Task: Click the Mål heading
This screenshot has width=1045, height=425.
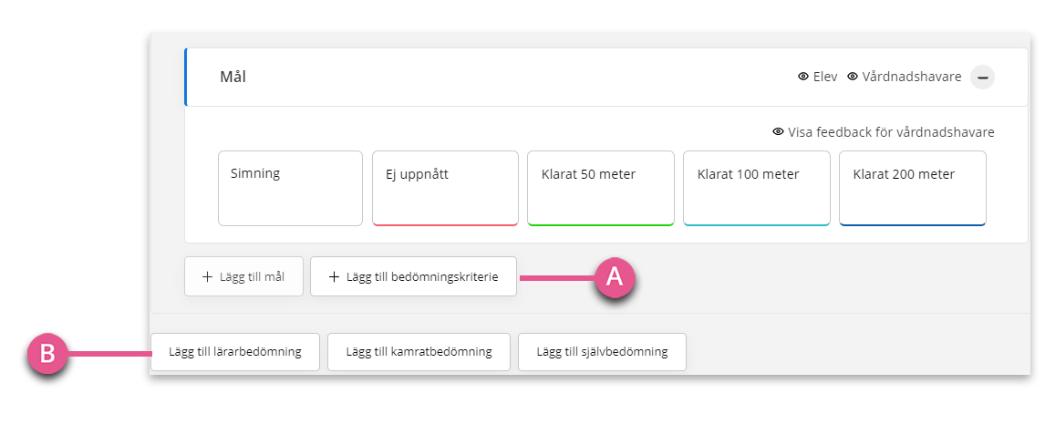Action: point(233,77)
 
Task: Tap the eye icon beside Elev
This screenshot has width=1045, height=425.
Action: point(803,77)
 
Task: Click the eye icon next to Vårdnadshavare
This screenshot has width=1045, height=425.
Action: point(853,77)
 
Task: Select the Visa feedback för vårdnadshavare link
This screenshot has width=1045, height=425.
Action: point(884,132)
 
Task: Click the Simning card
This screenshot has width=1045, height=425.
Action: point(291,189)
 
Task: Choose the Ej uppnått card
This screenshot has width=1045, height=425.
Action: point(445,189)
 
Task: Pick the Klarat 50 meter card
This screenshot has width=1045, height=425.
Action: point(601,189)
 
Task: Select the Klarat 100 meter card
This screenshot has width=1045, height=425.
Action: point(757,189)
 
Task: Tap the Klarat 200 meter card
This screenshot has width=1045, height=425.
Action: point(913,189)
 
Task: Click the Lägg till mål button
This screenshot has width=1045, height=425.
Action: point(243,276)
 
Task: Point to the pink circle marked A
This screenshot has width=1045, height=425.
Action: point(614,276)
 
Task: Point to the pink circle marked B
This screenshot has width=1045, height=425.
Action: point(47,353)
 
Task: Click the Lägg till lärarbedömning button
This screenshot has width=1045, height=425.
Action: point(235,352)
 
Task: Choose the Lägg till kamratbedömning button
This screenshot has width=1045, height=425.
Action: point(419,352)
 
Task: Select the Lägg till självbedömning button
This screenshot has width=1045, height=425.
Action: point(602,352)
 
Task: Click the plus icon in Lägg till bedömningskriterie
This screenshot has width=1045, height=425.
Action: point(335,276)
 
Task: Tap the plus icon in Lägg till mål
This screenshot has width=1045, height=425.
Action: point(207,276)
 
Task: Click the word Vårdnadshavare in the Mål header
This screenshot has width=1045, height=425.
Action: point(912,77)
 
